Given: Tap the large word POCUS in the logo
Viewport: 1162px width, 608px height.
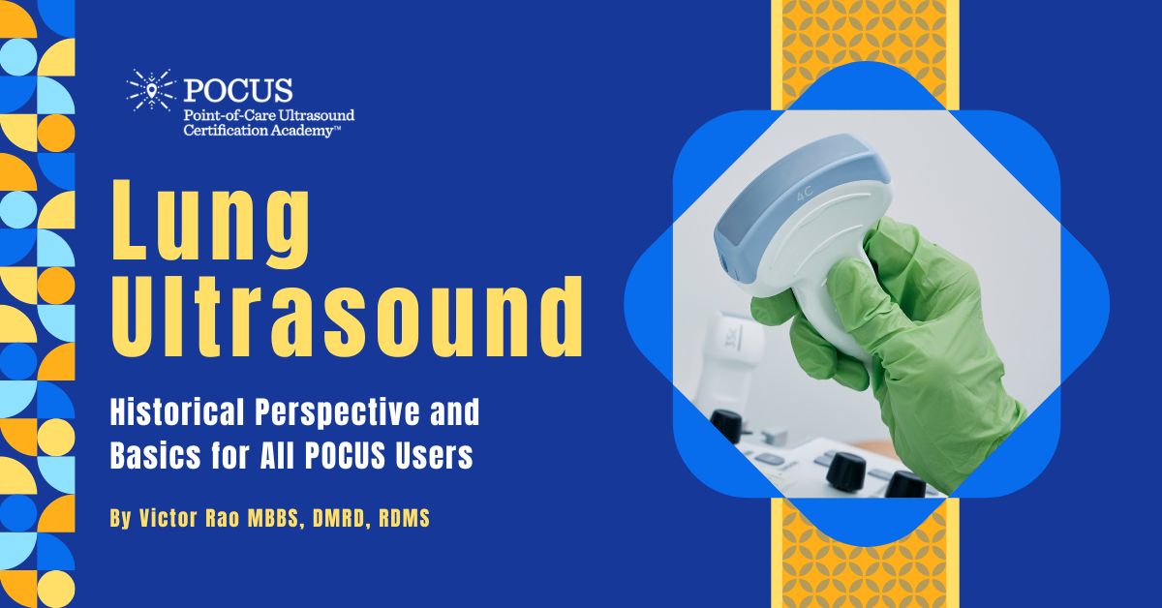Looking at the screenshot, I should click(238, 90).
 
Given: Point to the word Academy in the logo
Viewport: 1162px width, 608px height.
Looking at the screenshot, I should click(305, 130).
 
